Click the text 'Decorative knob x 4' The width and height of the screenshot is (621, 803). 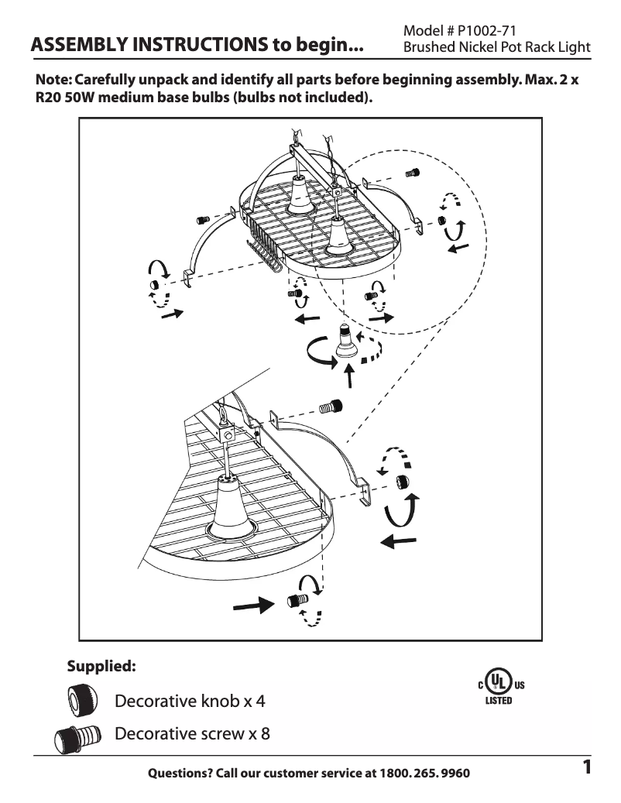pyautogui.click(x=190, y=702)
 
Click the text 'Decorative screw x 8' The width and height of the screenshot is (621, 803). pyautogui.click(x=192, y=733)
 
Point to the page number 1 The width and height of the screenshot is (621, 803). pyautogui.click(x=587, y=768)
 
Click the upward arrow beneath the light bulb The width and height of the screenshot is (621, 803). pyautogui.click(x=349, y=375)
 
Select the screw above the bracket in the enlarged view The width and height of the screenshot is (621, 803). pyautogui.click(x=331, y=406)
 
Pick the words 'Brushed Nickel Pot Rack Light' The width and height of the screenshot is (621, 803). pyautogui.click(x=497, y=47)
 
